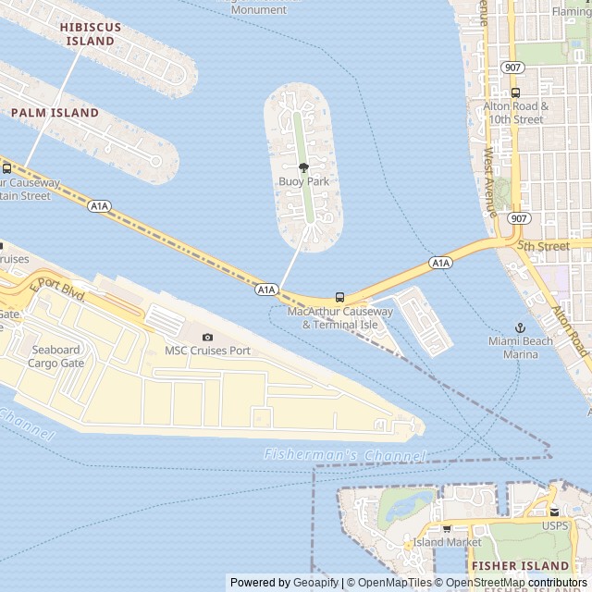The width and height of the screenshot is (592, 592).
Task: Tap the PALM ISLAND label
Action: pos(55,113)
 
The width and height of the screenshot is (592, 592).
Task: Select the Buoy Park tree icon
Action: pos(303,167)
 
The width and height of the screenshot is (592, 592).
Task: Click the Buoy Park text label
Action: pos(303,182)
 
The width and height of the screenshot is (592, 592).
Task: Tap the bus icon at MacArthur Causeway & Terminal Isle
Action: pos(339,298)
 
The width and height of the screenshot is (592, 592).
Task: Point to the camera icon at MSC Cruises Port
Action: pos(207,337)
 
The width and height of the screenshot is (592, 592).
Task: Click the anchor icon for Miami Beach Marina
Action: pos(520,327)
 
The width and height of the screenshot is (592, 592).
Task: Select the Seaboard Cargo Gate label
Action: pos(56,356)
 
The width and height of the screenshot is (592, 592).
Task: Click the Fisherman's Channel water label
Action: pos(344,455)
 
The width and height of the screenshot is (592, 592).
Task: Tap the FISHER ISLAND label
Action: pos(519,565)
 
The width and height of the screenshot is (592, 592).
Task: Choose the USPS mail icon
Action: pos(554,512)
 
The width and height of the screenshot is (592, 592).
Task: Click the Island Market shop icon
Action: pos(447,528)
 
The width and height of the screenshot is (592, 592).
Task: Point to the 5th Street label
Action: pos(543,247)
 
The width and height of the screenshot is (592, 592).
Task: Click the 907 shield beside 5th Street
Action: pos(519,218)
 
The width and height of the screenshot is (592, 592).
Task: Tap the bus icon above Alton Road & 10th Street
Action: pos(515,92)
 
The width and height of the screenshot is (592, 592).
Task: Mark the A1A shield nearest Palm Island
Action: pos(100,205)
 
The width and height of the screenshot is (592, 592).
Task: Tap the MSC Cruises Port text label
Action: pos(207,351)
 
